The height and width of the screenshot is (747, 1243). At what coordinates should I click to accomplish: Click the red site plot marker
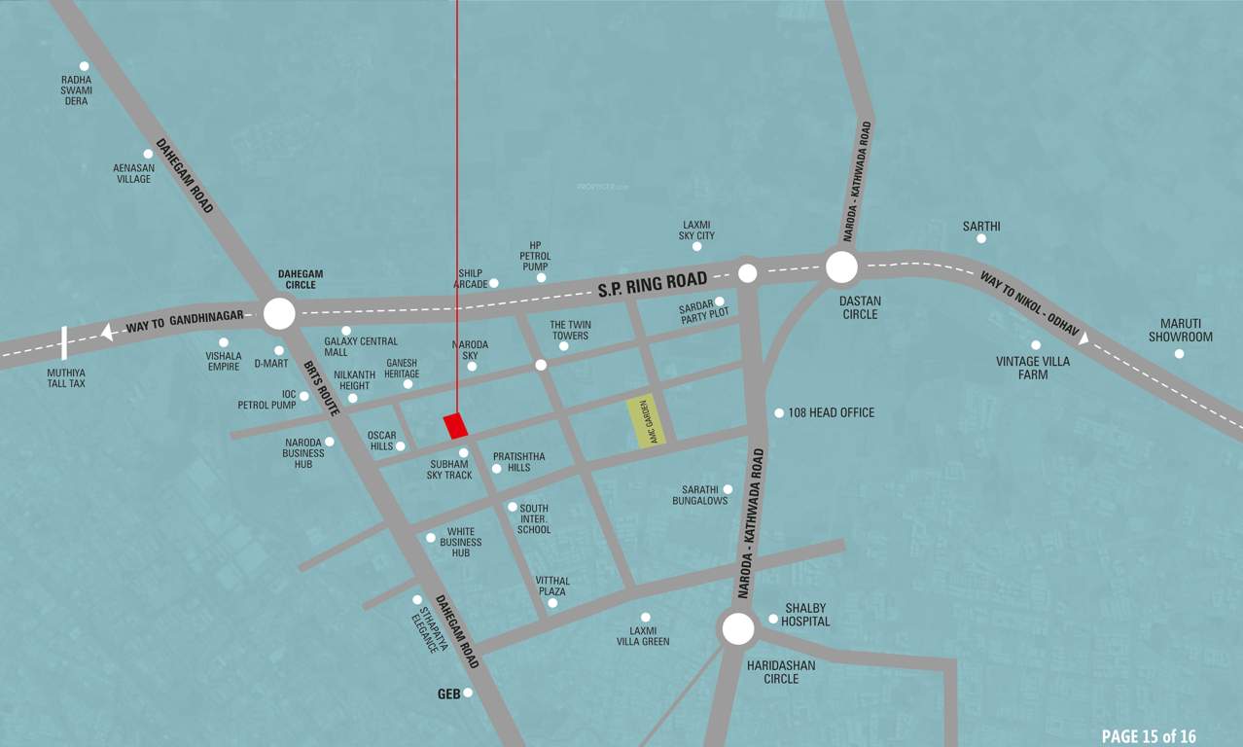pos(455,426)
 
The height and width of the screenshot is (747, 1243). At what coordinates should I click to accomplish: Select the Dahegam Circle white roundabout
pos(279,313)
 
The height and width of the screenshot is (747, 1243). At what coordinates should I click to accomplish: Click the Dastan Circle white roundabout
pos(841,267)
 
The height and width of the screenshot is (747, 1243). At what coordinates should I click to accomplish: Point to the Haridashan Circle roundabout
pos(738,628)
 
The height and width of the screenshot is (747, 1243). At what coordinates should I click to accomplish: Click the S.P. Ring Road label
pos(652,284)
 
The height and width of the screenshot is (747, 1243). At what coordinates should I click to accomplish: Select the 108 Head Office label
pos(831,412)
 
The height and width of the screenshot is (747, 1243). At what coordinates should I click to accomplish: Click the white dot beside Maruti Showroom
pos(1179,353)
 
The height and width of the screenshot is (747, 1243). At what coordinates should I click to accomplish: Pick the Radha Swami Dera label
pos(76,90)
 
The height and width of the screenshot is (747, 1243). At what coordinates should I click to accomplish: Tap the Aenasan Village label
pos(132,173)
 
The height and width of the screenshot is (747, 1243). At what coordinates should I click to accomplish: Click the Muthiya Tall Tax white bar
pos(64,343)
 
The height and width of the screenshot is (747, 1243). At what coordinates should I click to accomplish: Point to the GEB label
pos(448,694)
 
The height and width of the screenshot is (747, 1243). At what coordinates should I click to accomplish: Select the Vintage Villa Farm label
pos(1033,368)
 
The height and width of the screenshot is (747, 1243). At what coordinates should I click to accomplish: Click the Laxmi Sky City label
pos(696,230)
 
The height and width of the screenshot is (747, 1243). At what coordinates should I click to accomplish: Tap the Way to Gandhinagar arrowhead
pos(108,333)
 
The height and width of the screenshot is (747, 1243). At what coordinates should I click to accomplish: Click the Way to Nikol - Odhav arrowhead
pos(1083,339)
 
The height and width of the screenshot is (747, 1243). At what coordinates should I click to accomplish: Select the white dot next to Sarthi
pos(981,238)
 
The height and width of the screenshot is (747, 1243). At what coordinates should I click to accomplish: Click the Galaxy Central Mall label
pos(361,346)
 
